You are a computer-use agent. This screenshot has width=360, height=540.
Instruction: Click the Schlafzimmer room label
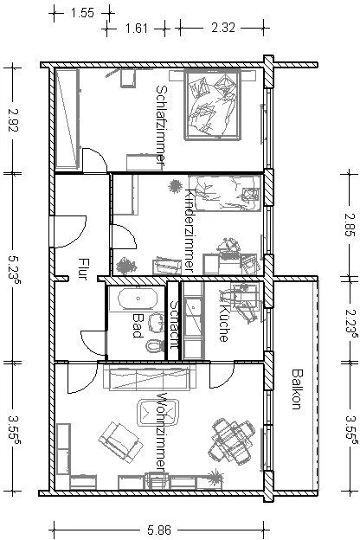[x=161, y=127]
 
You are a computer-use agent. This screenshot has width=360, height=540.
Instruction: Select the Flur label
[x=83, y=269]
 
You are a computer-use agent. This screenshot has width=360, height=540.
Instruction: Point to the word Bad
[x=138, y=325]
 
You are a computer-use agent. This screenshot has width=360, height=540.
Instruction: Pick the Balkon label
[x=297, y=389]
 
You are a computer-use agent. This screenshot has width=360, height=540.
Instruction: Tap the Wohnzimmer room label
[x=161, y=432]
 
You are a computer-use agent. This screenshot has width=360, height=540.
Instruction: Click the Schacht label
[x=174, y=325]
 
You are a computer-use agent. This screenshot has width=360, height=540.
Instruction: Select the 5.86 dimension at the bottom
[x=159, y=530]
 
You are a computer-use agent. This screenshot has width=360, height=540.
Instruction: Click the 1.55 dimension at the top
[x=82, y=13]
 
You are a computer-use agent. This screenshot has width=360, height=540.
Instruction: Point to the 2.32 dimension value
[x=223, y=28]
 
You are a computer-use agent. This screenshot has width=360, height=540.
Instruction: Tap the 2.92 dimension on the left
[x=13, y=119]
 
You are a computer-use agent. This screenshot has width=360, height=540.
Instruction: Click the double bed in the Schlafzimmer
[x=212, y=105]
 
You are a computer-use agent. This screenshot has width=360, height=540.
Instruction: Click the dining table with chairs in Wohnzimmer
[x=232, y=440]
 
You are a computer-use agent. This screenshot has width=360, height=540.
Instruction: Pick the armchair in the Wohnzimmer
[x=120, y=442]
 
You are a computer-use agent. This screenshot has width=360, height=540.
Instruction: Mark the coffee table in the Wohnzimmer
[x=159, y=413]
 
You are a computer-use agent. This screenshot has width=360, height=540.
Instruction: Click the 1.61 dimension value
[x=137, y=28]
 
